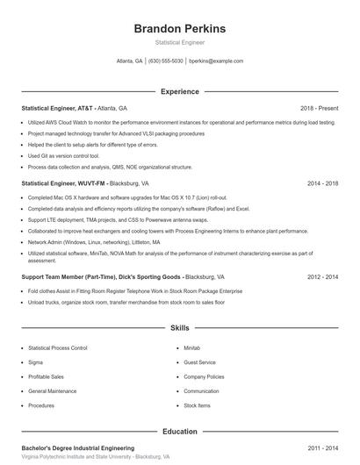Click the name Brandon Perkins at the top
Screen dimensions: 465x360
[179, 28]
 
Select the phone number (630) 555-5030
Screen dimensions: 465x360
[166, 61]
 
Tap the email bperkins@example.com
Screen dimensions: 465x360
[215, 61]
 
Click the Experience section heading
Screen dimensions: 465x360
[179, 91]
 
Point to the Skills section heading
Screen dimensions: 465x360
[179, 328]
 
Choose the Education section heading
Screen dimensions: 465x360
[179, 432]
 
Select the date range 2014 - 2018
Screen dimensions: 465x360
[322, 184]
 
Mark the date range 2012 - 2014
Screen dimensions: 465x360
[322, 275]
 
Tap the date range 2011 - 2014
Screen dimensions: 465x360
[322, 447]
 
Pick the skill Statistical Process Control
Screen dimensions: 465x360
[58, 347]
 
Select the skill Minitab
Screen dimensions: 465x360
[191, 347]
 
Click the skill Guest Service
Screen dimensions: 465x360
[199, 361]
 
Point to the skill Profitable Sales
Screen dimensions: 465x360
[46, 376]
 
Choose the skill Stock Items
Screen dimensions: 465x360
[197, 405]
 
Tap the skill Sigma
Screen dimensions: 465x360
[35, 361]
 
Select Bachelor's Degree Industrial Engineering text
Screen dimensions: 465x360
[77, 447]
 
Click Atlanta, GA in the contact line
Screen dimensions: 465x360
[130, 61]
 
